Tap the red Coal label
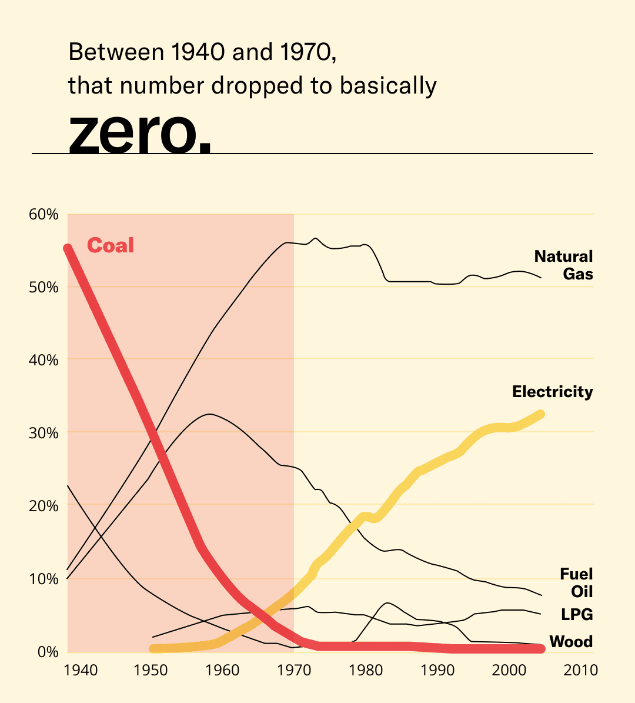111,245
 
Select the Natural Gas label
563,265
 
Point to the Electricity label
552,392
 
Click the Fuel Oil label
576,582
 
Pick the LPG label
576,615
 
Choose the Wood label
570,641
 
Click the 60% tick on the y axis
44,214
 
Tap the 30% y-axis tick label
44,433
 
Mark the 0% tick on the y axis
47,652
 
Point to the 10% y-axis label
44,579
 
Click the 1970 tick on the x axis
294,670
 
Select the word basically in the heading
387,86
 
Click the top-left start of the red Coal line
68,249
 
